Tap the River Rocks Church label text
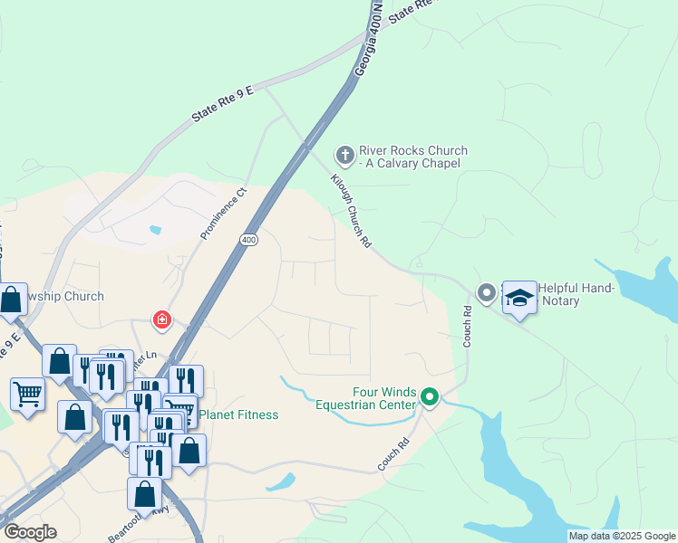point(412,157)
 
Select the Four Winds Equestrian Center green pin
point(430,395)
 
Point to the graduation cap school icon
point(519,296)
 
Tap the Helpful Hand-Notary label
point(576,294)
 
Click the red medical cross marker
point(162,319)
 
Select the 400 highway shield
point(249,239)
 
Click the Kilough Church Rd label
point(352,211)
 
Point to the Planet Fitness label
point(238,414)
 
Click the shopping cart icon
point(27,394)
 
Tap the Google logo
point(30,532)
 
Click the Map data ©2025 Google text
point(622,536)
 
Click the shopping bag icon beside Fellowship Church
point(12,299)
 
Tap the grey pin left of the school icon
point(487,292)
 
